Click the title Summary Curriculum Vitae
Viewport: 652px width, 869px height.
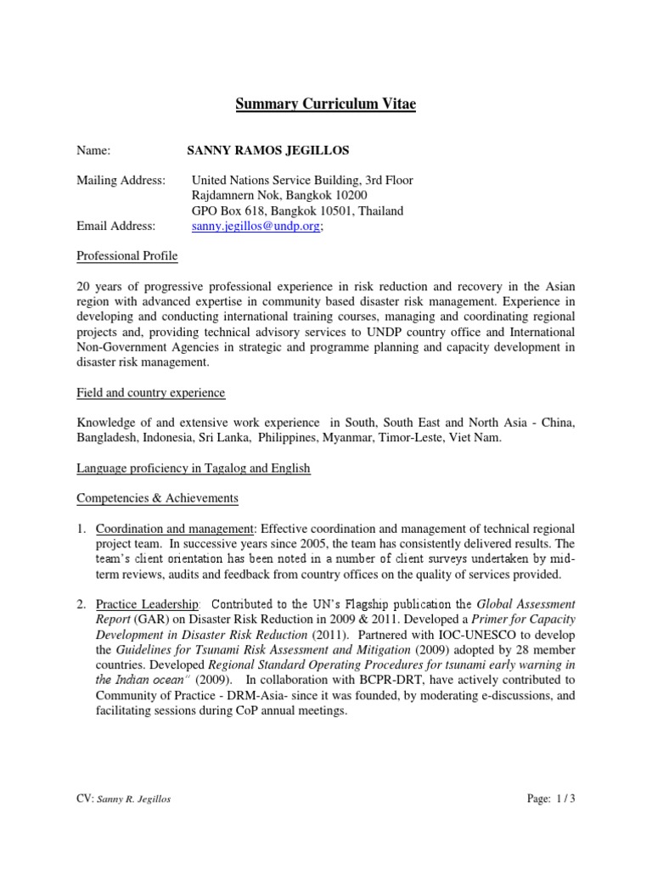coord(326,105)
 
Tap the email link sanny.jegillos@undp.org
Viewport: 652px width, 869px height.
coord(256,226)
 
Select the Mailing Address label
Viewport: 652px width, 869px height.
coord(121,180)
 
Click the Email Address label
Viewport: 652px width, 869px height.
coord(116,226)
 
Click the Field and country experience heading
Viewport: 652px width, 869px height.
coord(150,393)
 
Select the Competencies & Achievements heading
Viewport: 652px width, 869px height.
coord(157,497)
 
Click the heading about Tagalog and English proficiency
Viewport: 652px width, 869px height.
coord(194,468)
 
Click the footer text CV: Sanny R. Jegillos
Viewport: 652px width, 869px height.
coord(123,799)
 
